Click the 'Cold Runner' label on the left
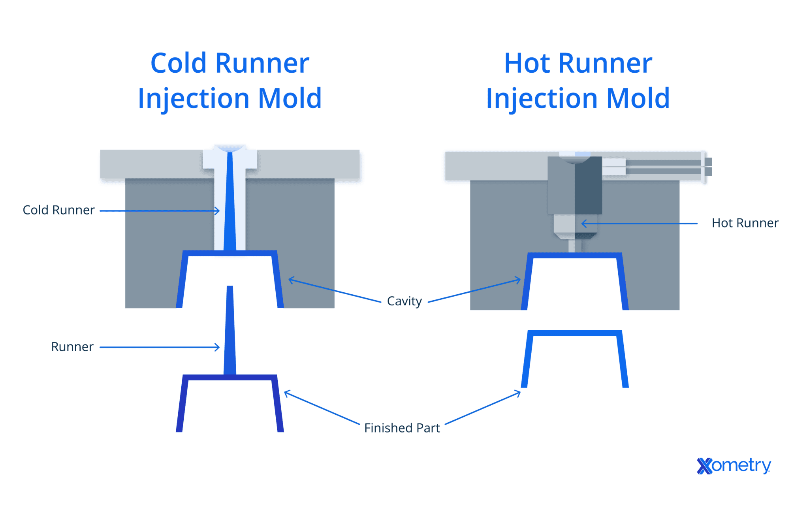point(58,210)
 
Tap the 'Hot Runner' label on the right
point(745,223)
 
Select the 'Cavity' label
point(404,301)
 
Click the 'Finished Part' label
point(402,428)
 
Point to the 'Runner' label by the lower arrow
point(72,347)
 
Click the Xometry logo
point(734,466)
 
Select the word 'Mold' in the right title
point(638,98)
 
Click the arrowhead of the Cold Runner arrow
point(218,211)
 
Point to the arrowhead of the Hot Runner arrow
point(583,224)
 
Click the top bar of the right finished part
point(575,333)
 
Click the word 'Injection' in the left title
point(193,98)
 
